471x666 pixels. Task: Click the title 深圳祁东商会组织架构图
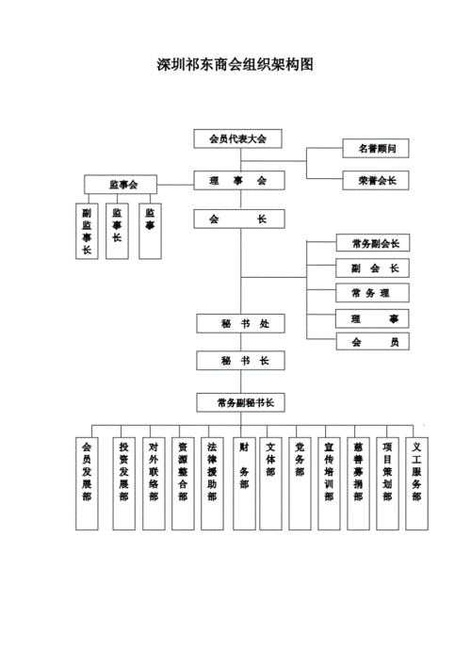point(235,66)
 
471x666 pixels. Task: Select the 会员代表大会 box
point(238,138)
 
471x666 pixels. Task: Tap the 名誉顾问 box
point(375,149)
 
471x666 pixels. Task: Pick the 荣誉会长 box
point(375,179)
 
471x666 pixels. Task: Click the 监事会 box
point(123,185)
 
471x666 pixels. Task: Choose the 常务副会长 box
point(374,243)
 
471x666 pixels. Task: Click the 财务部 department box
point(244,481)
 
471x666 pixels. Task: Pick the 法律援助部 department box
point(213,481)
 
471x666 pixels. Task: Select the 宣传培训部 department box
point(329,481)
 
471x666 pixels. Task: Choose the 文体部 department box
point(270,481)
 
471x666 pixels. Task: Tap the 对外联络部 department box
point(153,481)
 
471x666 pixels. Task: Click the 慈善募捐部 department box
point(358,481)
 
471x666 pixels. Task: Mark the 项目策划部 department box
point(387,481)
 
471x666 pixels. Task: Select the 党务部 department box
point(300,481)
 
